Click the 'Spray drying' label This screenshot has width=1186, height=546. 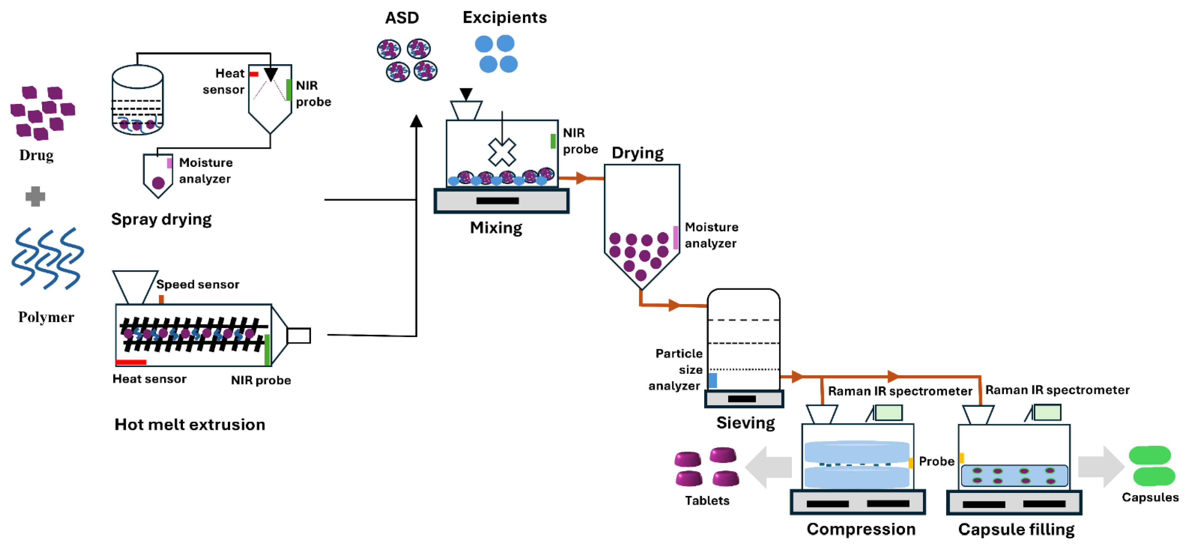(x=161, y=219)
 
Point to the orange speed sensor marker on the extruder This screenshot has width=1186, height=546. (x=161, y=299)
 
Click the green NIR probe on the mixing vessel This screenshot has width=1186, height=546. (x=553, y=141)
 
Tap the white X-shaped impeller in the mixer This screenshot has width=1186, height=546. (x=502, y=152)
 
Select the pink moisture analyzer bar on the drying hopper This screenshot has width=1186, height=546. (x=675, y=238)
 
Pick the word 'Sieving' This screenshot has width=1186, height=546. (x=745, y=422)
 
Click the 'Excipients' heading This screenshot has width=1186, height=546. (x=505, y=18)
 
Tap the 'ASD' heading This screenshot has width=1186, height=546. (x=402, y=18)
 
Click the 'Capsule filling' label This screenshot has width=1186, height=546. (x=1016, y=530)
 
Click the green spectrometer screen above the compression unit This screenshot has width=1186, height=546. (x=888, y=412)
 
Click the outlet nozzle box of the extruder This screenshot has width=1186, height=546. (x=298, y=336)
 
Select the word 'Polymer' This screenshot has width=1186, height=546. (x=46, y=317)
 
